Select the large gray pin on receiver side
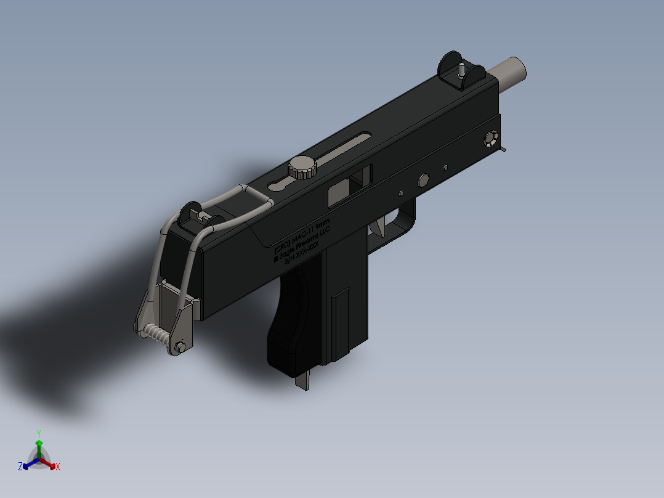423,180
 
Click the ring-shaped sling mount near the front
491,138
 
